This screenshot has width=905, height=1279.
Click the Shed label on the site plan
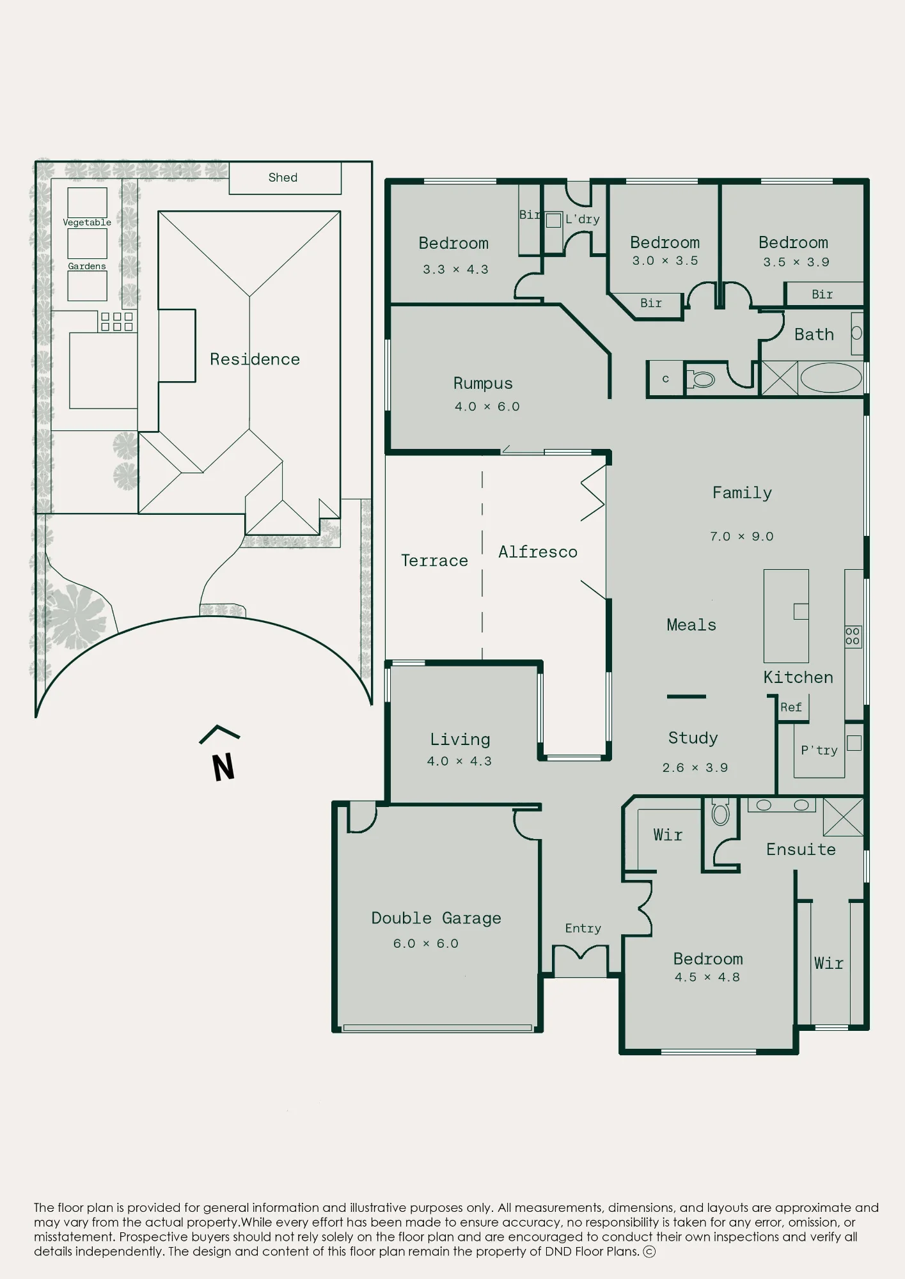pos(283,177)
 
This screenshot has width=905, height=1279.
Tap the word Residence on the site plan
pos(255,359)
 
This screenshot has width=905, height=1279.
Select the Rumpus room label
pos(483,383)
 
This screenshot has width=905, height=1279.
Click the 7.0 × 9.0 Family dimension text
pos(741,536)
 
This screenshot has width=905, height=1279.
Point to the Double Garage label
pos(436,918)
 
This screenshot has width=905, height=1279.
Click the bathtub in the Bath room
pos(831,377)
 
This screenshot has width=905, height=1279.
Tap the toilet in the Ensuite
pos(721,813)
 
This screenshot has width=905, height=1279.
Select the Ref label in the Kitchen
pos(791,707)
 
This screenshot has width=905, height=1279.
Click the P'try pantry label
pos(819,750)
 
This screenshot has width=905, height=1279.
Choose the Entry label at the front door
pos(583,928)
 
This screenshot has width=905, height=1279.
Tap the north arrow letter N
pos(223,767)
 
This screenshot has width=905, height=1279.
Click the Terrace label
pos(434,560)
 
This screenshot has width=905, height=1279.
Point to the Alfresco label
pos(538,551)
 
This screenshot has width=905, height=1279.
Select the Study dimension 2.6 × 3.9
pos(695,767)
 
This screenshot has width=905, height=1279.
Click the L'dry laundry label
pos(582,219)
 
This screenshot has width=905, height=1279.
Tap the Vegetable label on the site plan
pos(87,223)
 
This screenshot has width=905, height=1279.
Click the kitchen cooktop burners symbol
pos(853,636)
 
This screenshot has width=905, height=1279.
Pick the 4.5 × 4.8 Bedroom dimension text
pos(707,977)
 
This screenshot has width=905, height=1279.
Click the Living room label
pos(460,739)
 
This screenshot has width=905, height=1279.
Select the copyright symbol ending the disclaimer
pos(649,1252)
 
